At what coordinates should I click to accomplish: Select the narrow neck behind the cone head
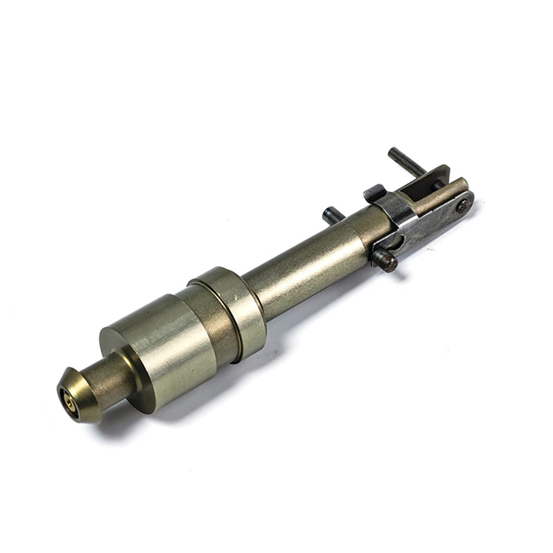111,379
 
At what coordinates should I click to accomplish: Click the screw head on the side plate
462,205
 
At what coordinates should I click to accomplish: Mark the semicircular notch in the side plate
395,242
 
